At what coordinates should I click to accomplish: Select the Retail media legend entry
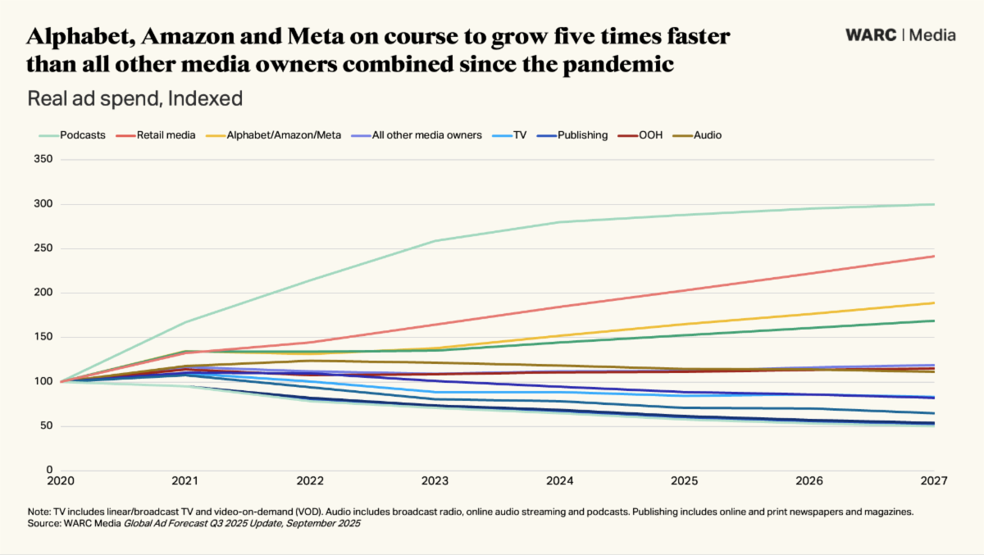(166, 134)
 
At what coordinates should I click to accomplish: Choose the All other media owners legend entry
(426, 134)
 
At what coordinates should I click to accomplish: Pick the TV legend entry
(520, 134)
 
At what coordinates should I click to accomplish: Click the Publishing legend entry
(582, 134)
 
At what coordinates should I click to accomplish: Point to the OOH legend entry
(651, 134)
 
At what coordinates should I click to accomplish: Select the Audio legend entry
(707, 134)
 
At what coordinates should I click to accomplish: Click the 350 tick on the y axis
(44, 160)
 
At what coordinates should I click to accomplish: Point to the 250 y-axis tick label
(44, 248)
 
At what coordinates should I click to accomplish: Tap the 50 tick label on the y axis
(47, 425)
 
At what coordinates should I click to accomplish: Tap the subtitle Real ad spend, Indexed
(135, 99)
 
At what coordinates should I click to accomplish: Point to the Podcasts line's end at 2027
(934, 204)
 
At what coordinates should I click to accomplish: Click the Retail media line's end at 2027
(934, 257)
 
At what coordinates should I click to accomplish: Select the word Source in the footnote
(43, 522)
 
